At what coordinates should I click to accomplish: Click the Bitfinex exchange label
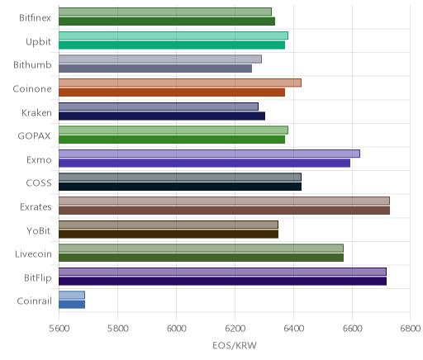pos(35,18)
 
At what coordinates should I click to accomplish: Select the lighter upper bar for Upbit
pos(173,36)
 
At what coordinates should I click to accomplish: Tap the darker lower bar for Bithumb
pos(155,69)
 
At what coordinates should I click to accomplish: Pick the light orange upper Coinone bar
pos(180,83)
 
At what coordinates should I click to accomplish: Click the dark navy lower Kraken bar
pos(162,116)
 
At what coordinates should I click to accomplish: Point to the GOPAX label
pos(35,136)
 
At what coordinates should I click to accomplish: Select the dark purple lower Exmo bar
pos(204,163)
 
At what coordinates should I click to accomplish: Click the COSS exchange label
pos(39,183)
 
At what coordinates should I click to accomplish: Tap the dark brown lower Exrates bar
pos(224,211)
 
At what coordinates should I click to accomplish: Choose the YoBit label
pos(39,230)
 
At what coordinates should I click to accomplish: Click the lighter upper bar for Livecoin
pos(201,249)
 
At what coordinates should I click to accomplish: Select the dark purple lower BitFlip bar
pos(222,282)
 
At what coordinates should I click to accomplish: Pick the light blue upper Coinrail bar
pos(72,295)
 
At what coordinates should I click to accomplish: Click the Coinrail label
pos(35,301)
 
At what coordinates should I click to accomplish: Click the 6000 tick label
pos(177,329)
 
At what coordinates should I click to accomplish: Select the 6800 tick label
pos(411,329)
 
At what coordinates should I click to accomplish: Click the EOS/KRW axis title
pos(235,345)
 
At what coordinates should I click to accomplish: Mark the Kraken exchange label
pos(36,113)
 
